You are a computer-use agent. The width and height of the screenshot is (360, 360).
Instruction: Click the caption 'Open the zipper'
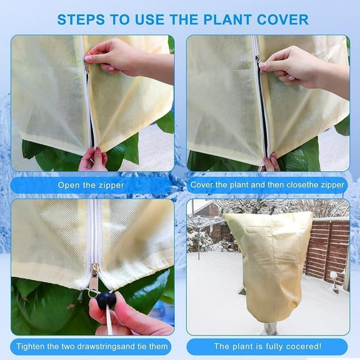coord(92,185)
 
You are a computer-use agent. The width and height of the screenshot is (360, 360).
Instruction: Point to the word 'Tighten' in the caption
coord(32,346)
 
